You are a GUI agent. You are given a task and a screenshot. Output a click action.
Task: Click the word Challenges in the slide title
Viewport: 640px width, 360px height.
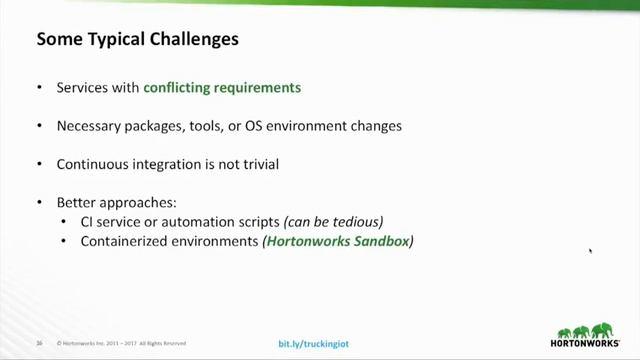[193, 41]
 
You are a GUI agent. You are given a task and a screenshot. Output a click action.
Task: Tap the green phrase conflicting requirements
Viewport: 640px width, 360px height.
[222, 87]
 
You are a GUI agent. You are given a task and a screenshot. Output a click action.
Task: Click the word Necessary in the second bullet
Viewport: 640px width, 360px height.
[90, 126]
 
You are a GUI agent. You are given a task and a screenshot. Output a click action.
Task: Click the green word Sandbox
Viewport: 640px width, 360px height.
[379, 241]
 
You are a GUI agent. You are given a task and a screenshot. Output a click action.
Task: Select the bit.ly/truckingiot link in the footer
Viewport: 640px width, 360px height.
[314, 344]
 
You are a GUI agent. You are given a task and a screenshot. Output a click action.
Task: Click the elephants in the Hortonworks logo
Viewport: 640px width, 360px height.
[585, 330]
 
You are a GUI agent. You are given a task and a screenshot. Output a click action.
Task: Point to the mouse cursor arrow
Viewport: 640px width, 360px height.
[590, 250]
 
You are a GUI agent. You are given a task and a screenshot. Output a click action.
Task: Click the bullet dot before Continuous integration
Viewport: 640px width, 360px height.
[39, 164]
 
